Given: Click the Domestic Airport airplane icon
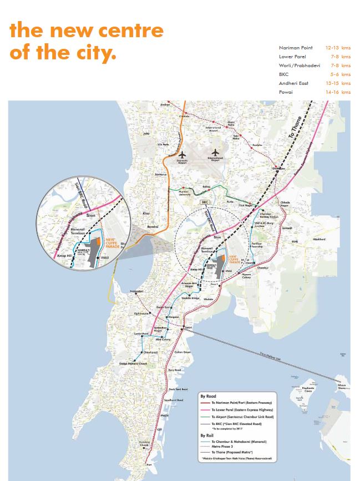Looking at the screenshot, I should (181, 154).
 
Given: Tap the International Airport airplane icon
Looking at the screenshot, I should (216, 151).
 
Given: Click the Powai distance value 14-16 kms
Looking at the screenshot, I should (338, 92).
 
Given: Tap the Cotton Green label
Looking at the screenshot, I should (182, 352).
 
